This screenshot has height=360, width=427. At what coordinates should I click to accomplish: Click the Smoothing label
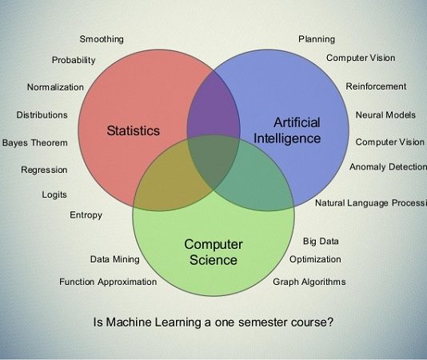pos(102,39)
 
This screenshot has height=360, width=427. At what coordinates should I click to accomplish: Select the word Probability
pos(74,60)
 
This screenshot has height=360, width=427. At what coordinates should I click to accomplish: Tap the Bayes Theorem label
pos(35,142)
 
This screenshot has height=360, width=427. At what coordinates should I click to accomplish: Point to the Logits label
pos(54,194)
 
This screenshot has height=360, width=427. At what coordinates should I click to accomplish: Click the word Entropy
pos(86,215)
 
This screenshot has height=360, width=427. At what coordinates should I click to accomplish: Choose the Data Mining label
pos(115,259)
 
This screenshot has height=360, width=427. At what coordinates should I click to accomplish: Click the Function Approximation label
pos(108,282)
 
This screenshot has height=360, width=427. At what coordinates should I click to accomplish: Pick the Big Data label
pos(321,241)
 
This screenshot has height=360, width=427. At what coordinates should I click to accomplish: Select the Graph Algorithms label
pos(309,282)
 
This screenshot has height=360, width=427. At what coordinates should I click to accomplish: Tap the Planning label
pos(317,39)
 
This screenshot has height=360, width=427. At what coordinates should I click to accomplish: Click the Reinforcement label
pos(376,86)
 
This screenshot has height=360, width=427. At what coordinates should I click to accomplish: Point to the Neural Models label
pos(385,114)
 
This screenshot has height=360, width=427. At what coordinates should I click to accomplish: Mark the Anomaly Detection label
pos(389,166)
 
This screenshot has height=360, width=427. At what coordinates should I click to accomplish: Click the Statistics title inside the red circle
pos(134,130)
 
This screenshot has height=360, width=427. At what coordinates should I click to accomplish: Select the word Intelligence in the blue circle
pos(287,138)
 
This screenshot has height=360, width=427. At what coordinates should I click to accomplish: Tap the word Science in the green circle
pos(213,259)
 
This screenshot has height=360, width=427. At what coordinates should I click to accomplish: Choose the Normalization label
pos(55,87)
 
